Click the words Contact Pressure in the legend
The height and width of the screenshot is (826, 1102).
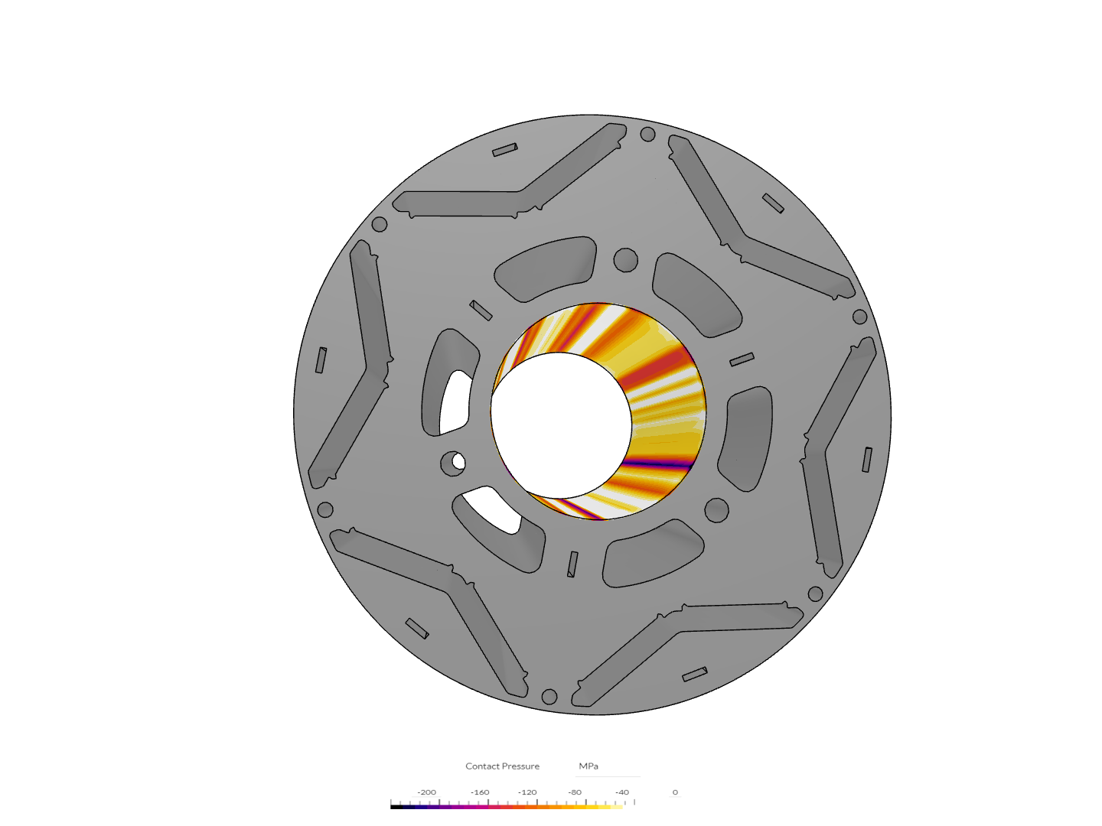tap(502, 766)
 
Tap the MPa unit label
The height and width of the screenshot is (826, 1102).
tap(588, 766)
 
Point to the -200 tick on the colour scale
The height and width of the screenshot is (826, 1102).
tap(426, 792)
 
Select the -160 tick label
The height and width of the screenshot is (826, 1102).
tap(480, 792)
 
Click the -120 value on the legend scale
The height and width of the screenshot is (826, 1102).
tap(527, 792)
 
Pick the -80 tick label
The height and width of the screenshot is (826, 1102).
tap(575, 792)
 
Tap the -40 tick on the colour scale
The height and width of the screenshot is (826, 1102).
tap(622, 792)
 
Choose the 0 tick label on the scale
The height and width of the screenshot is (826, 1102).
tap(675, 792)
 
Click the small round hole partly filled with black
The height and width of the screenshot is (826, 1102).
tap(453, 462)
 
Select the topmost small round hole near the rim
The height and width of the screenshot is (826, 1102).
tap(647, 135)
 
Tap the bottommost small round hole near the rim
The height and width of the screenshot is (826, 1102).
tap(549, 697)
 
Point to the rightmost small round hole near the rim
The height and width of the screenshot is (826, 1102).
tap(859, 317)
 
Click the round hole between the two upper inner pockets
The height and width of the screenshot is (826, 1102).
tap(625, 259)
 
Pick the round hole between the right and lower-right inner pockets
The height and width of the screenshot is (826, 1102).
tap(716, 509)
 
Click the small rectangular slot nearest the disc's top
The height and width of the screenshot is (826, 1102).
tap(504, 150)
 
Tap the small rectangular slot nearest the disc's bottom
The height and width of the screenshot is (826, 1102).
tap(695, 675)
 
